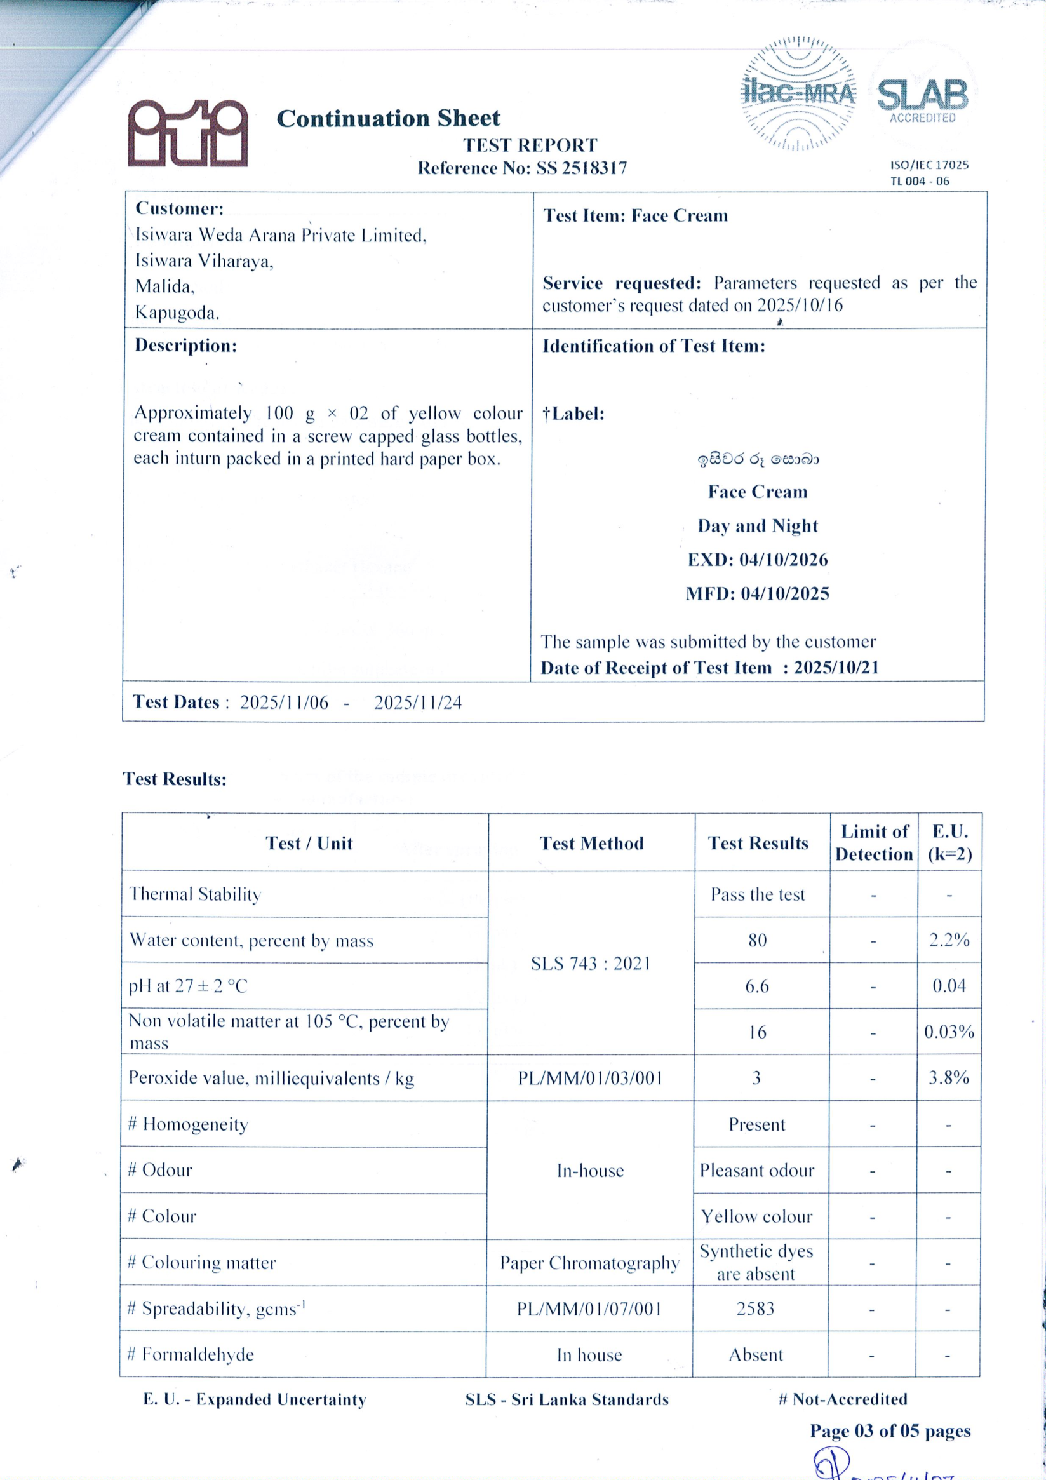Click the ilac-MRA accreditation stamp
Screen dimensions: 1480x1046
click(x=798, y=94)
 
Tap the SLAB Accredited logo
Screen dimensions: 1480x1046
click(x=922, y=98)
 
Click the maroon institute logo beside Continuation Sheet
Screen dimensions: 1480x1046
click(x=187, y=133)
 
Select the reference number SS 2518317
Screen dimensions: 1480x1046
click(x=581, y=168)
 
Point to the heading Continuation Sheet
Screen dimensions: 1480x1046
click(x=388, y=119)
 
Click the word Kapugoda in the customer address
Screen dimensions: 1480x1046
click(x=177, y=313)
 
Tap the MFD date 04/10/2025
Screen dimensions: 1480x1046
click(x=784, y=594)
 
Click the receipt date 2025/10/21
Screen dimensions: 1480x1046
click(x=836, y=668)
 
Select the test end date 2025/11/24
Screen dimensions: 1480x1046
click(x=418, y=703)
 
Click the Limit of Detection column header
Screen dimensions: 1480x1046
click(x=873, y=842)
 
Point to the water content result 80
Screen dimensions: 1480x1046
click(x=757, y=941)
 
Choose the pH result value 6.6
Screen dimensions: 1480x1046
click(x=756, y=986)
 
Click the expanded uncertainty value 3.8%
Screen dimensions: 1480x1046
click(x=948, y=1078)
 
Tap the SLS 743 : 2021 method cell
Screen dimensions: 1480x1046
click(x=591, y=964)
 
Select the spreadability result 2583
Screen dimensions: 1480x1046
click(x=755, y=1308)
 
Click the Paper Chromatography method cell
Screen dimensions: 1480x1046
click(x=590, y=1263)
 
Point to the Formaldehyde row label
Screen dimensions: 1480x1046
click(x=191, y=1354)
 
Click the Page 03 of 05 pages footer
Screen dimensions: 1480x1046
click(x=889, y=1431)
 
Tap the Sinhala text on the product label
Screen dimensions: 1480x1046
click(x=757, y=460)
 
